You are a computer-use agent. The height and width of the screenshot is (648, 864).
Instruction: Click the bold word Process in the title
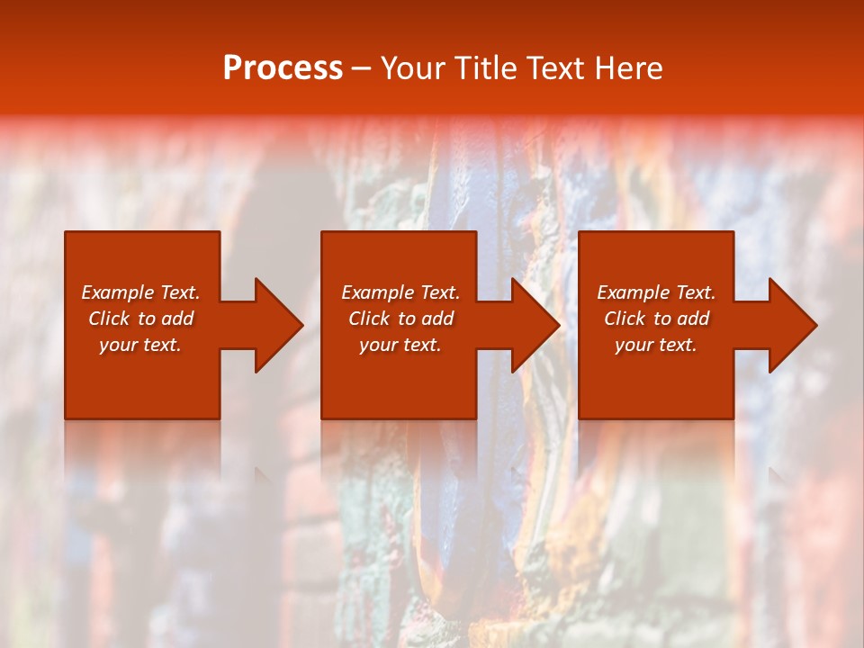(x=283, y=68)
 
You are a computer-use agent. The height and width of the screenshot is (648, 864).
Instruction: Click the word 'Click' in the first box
(x=109, y=319)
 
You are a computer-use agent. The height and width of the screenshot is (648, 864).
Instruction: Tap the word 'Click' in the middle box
(x=369, y=319)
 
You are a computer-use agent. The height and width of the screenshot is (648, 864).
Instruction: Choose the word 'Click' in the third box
(x=625, y=319)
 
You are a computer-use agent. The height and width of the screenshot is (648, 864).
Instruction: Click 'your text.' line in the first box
(x=140, y=345)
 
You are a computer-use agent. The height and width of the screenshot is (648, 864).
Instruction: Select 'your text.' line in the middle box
(x=400, y=345)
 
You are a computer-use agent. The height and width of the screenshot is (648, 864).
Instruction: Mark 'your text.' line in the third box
(x=656, y=345)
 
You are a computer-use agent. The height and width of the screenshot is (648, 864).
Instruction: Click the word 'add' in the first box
(x=177, y=319)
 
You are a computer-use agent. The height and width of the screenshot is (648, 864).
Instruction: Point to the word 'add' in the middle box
(x=437, y=319)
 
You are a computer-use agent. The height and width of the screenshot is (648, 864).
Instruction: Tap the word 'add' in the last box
(x=693, y=319)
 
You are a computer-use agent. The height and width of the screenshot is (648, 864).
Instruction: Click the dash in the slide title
(x=361, y=69)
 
